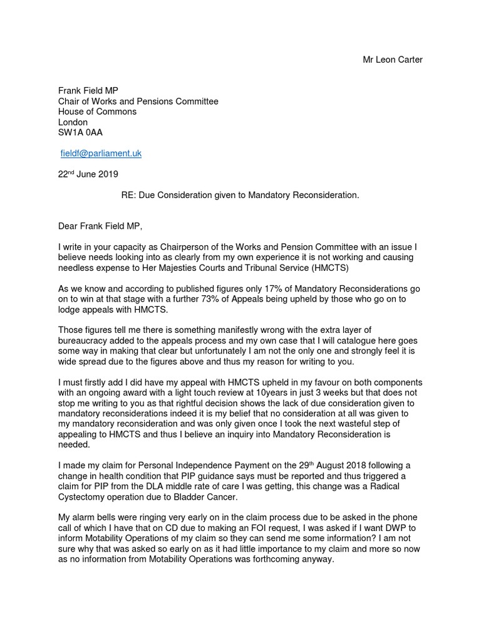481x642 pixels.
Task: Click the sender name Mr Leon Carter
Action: click(393, 60)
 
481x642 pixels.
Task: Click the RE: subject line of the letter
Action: click(240, 196)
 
